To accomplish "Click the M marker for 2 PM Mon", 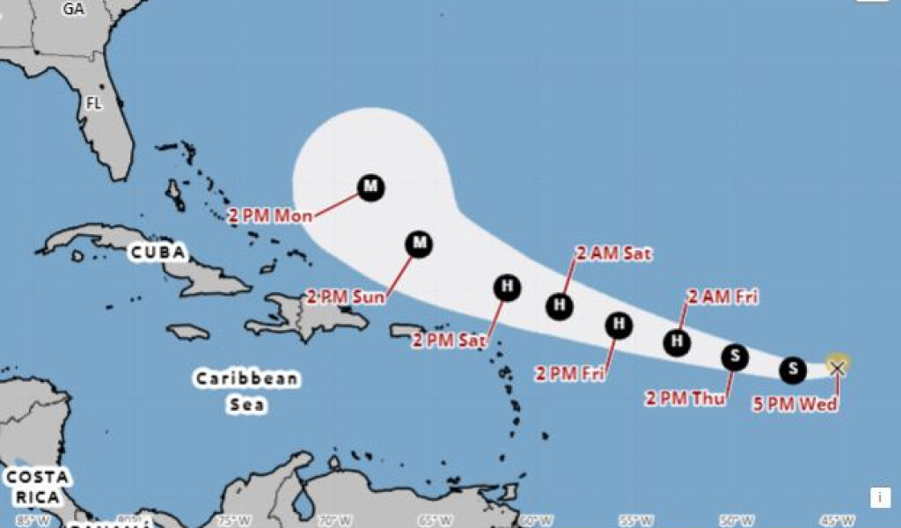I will [x=370, y=187].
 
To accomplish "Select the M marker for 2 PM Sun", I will [x=419, y=243].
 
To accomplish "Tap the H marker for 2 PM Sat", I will [x=506, y=285].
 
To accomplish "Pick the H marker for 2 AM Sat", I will [x=559, y=306].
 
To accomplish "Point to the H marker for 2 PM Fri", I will [x=619, y=325].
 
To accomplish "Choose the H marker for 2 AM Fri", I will [x=677, y=341].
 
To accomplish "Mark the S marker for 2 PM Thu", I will [x=735, y=356].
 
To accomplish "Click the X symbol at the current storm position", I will [x=837, y=367].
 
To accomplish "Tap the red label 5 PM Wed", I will [x=795, y=404].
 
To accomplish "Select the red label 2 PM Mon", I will [x=270, y=216].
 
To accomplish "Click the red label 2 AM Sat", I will [x=613, y=253].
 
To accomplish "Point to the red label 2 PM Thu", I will [x=685, y=399].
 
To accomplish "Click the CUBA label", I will [x=158, y=253].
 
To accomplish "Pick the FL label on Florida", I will [x=94, y=103].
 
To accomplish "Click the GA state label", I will [x=74, y=9].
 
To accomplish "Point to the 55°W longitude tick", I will [x=635, y=520].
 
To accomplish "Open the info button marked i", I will [x=880, y=497].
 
